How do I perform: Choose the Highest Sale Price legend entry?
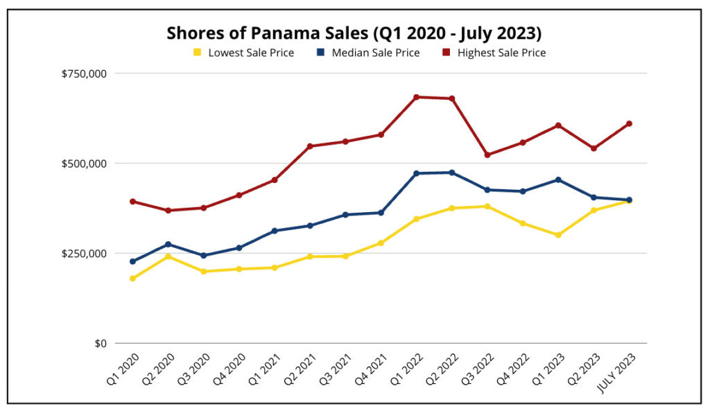(x=501, y=53)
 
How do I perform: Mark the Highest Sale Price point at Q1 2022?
(x=416, y=97)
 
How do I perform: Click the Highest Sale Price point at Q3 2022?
(x=487, y=155)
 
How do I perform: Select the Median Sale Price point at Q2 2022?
(x=452, y=173)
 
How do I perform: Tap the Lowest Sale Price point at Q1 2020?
(x=132, y=279)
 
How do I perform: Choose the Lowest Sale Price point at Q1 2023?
(x=558, y=235)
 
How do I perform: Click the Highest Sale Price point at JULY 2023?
(x=629, y=124)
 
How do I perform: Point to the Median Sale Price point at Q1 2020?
(x=132, y=261)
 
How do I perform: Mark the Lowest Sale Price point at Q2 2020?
(x=168, y=256)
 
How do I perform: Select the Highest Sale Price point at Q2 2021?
(x=310, y=146)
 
